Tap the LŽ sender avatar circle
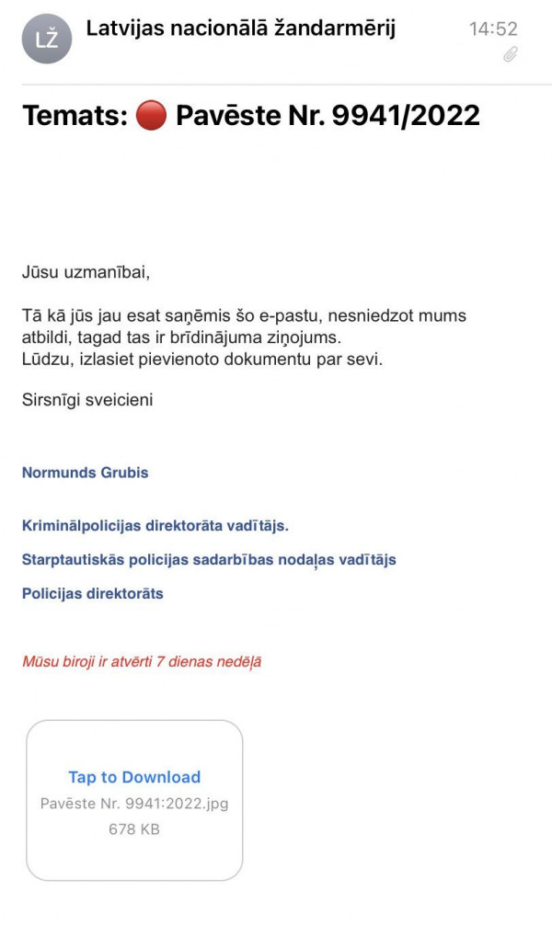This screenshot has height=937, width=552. tap(47, 39)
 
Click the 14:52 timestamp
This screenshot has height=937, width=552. tap(493, 29)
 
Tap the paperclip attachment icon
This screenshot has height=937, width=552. tap(511, 55)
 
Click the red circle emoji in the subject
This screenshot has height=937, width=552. tap(151, 116)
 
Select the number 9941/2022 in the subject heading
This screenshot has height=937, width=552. tap(400, 116)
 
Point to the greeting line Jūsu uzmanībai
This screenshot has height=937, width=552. tap(86, 272)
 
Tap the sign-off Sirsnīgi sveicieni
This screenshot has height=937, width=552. tap(87, 400)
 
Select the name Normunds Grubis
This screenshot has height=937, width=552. tap(85, 473)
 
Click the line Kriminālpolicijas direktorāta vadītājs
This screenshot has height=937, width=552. tap(155, 526)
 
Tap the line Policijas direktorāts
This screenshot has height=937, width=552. tap(92, 593)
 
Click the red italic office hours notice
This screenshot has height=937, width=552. tap(142, 661)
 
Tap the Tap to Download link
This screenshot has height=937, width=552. tap(134, 777)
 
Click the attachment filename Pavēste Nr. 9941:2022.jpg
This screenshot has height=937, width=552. tap(134, 803)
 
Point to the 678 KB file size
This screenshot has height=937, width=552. tap(134, 828)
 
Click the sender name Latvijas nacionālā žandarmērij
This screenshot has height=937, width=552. tap(241, 29)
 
